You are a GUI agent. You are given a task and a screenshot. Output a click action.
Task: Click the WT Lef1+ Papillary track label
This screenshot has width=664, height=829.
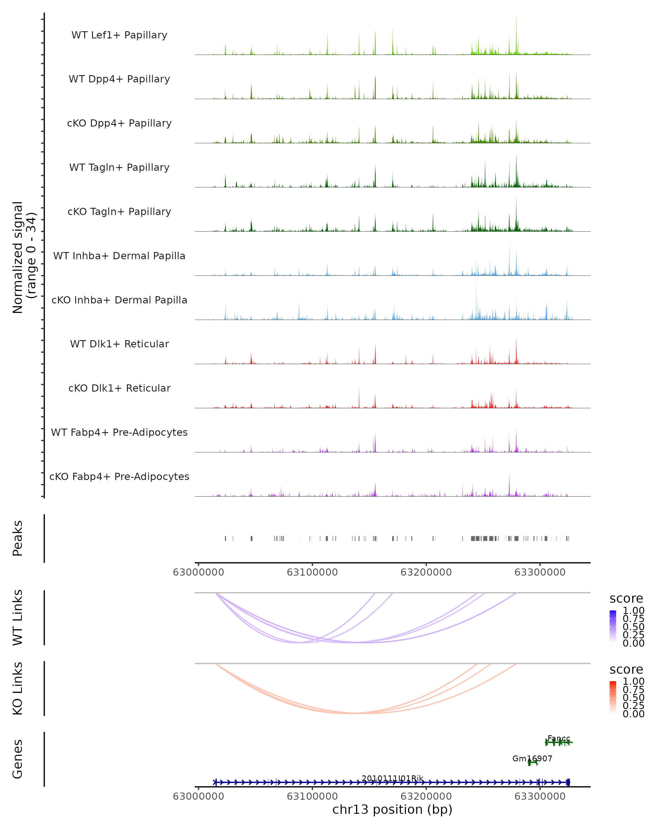pos(119,35)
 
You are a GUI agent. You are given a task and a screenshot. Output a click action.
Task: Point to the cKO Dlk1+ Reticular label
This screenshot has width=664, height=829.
pos(119,388)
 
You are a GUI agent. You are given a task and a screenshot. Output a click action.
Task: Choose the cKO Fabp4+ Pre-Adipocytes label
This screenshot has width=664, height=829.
pos(119,476)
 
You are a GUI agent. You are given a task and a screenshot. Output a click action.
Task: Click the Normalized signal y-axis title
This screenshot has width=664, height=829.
pos(24,257)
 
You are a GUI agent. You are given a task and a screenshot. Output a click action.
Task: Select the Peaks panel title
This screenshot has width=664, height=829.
pos(18,538)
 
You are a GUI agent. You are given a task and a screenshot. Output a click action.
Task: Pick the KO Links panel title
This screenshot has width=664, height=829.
pos(18,688)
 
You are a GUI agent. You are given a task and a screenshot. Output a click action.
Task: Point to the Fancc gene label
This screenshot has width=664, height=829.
pos(559,738)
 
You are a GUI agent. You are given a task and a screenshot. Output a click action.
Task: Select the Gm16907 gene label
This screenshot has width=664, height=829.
pos(532,758)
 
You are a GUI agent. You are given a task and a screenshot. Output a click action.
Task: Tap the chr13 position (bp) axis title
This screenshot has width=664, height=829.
pos(392,809)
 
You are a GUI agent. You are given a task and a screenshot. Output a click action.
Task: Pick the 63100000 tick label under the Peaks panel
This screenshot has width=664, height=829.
pos(312,572)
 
